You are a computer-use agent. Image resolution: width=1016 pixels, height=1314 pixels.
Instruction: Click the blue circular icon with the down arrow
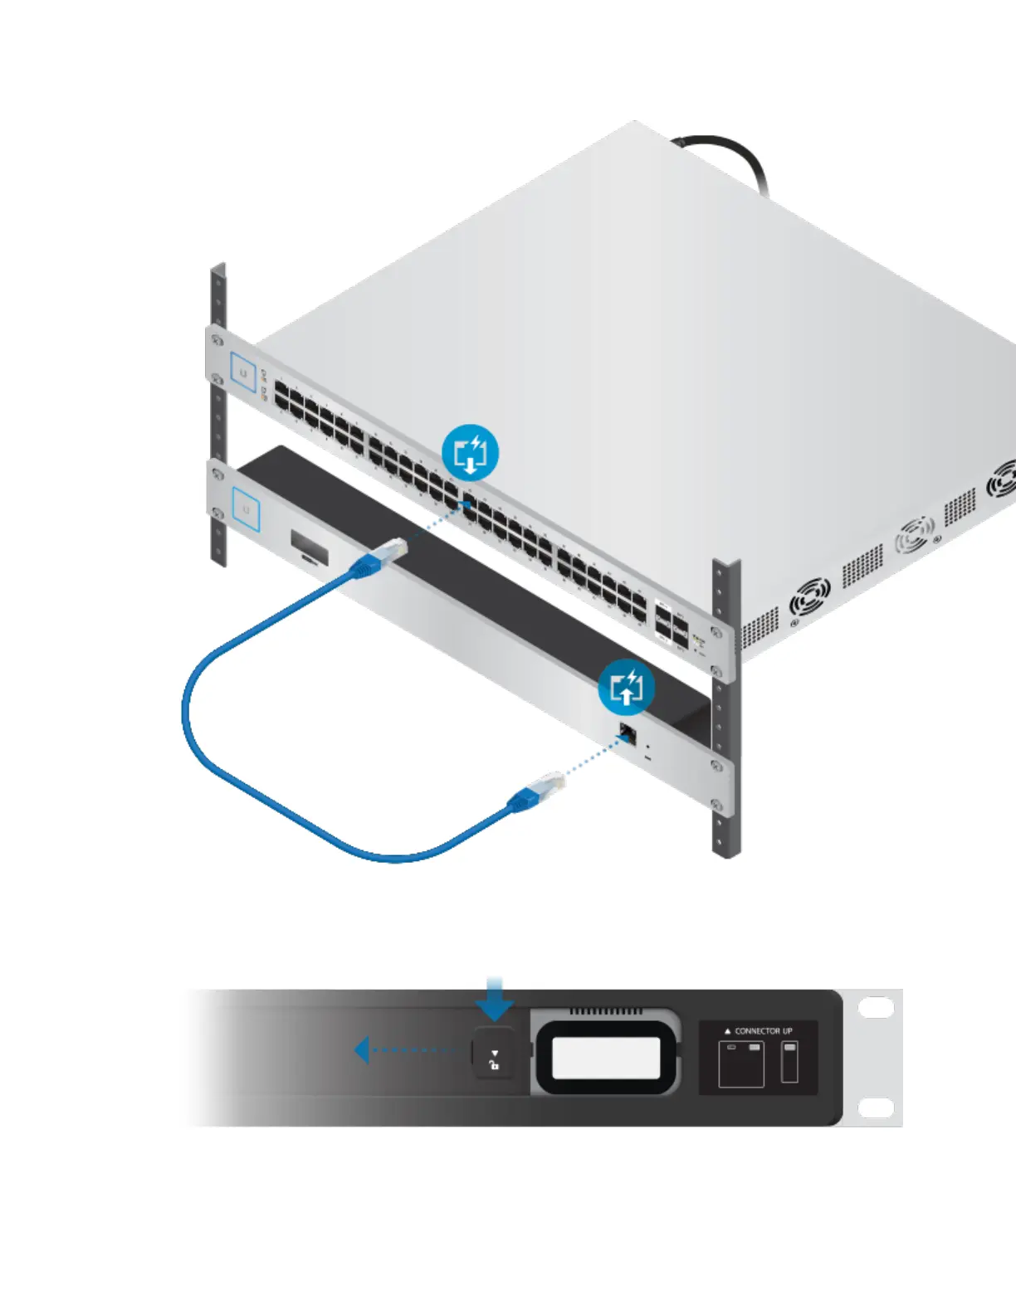coord(470,453)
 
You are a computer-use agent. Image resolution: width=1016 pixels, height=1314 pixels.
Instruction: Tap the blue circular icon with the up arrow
coord(627,687)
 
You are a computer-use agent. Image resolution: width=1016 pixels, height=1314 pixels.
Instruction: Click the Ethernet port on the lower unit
coord(628,733)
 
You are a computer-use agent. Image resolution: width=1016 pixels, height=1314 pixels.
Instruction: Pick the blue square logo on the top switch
coord(243,372)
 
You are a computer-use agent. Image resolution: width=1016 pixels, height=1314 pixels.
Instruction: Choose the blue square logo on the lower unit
coord(246,509)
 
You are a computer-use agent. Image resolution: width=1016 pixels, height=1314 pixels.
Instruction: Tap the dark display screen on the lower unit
coord(309,547)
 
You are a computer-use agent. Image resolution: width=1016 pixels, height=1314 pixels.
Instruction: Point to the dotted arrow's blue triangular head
coord(361,1050)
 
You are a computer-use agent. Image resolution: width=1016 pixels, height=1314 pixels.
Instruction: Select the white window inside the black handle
coord(606,1058)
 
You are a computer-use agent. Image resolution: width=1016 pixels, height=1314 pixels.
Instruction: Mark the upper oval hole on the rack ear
coord(875,1008)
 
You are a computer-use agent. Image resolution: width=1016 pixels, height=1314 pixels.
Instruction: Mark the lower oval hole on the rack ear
coord(875,1107)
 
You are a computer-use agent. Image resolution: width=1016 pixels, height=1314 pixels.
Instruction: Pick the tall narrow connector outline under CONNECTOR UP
coord(789,1063)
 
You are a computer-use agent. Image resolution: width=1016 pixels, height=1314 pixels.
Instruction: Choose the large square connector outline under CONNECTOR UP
coord(740,1064)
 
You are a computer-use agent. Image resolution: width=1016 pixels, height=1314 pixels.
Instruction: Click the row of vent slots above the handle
coord(605,1012)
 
